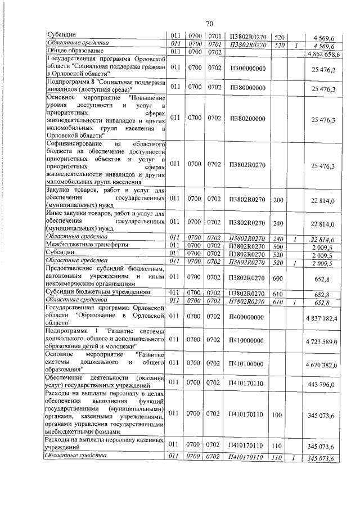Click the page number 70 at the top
click(209, 24)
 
